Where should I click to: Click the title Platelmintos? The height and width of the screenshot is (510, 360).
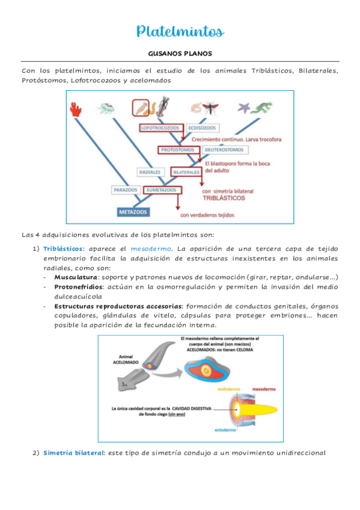click(180, 31)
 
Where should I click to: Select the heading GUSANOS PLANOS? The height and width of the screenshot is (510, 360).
click(180, 54)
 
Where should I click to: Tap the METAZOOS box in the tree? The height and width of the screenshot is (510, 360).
click(133, 212)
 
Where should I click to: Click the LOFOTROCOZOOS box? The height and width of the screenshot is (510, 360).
click(160, 128)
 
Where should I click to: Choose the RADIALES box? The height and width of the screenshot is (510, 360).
click(150, 172)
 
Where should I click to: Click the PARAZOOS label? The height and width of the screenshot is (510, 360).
click(125, 190)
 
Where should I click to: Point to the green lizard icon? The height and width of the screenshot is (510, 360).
click(263, 108)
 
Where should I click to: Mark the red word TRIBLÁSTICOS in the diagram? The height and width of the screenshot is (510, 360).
click(231, 197)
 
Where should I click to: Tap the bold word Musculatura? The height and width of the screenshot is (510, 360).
click(76, 277)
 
